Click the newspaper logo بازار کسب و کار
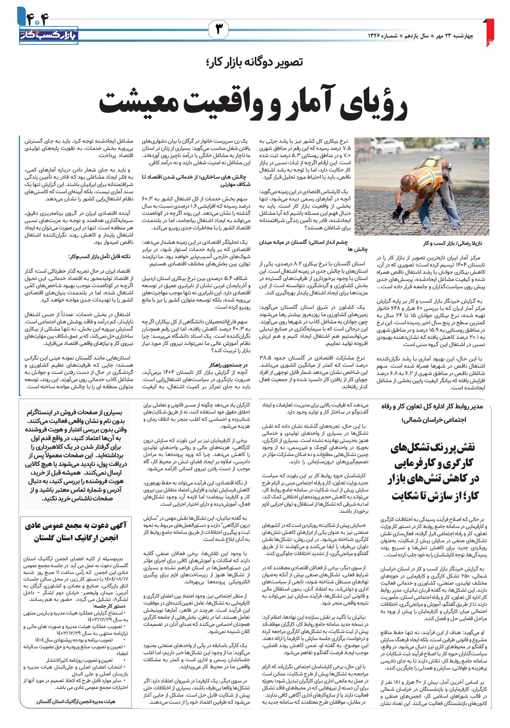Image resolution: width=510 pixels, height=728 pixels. pyautogui.click(x=48, y=36)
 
